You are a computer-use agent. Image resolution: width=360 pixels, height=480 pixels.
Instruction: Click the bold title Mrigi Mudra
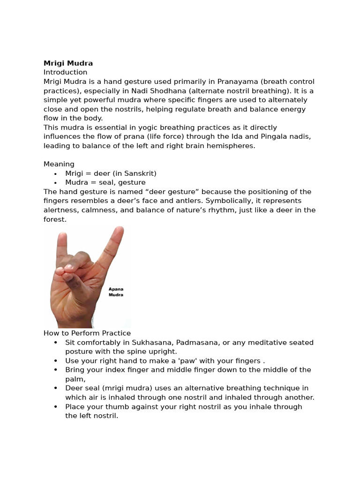68,63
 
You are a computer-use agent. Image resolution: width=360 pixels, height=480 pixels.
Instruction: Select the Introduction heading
65,72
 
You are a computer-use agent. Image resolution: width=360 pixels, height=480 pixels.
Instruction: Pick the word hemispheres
232,146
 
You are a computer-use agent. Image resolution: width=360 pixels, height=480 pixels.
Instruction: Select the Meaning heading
59,164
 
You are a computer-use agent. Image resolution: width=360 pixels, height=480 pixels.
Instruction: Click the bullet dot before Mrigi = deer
55,174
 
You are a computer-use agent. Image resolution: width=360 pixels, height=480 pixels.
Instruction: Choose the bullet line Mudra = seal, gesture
105,182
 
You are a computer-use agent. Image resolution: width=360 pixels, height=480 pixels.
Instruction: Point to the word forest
54,219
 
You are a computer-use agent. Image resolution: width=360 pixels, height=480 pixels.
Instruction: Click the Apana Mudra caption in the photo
116,292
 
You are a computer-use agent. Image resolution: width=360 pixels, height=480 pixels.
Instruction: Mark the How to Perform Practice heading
87,333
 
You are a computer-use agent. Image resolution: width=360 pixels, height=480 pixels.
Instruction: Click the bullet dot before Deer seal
55,389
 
